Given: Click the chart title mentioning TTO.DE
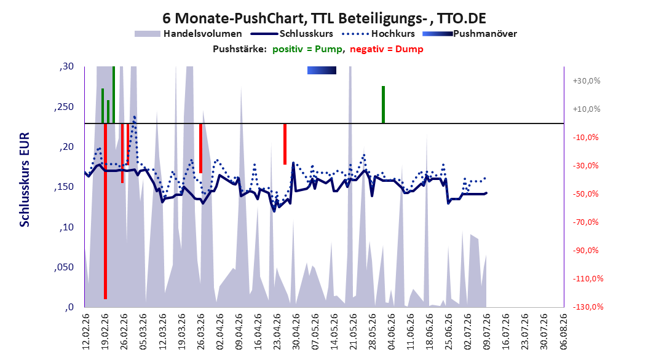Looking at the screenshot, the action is (x=324, y=18).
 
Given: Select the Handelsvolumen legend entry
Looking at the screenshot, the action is (x=188, y=34).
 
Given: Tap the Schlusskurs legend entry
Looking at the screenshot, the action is (x=292, y=34).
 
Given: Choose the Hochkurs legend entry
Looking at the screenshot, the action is (x=379, y=34).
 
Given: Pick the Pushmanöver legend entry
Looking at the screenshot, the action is (x=470, y=34).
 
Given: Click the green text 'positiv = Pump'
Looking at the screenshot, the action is (x=307, y=49).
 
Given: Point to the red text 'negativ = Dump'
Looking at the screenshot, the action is (x=387, y=49).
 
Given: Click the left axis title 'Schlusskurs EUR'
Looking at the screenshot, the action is (x=25, y=179).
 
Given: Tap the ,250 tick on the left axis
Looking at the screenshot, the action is (x=64, y=106).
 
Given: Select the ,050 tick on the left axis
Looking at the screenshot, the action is (x=64, y=267).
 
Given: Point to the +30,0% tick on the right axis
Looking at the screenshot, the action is (x=587, y=81).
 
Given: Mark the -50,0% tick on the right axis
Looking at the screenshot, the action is (x=587, y=194).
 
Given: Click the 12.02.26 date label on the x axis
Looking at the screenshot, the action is (x=86, y=332).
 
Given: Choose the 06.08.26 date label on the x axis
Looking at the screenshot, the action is (x=563, y=332).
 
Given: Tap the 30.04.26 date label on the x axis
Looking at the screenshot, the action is (x=296, y=332).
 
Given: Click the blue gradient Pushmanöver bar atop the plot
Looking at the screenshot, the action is (x=322, y=71).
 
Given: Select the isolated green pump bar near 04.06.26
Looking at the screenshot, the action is (x=383, y=104).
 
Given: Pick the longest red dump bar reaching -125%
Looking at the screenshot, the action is (x=105, y=211).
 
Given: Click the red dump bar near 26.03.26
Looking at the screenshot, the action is (x=200, y=148).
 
